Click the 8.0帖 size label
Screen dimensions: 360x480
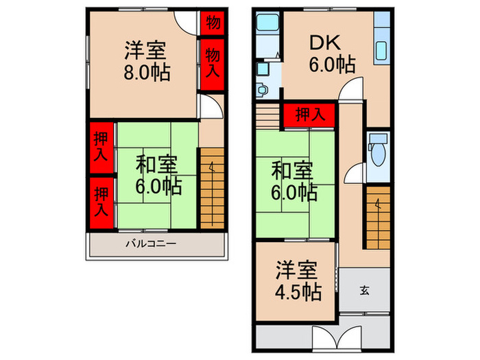point(147,72)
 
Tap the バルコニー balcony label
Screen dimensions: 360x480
point(152,243)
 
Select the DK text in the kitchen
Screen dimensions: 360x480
point(326,43)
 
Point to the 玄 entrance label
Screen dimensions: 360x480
point(365,290)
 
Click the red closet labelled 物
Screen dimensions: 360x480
point(213,23)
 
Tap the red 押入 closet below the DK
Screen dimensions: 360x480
point(310,115)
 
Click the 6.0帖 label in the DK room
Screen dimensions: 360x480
point(332,65)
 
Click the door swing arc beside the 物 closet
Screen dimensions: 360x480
point(185,19)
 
